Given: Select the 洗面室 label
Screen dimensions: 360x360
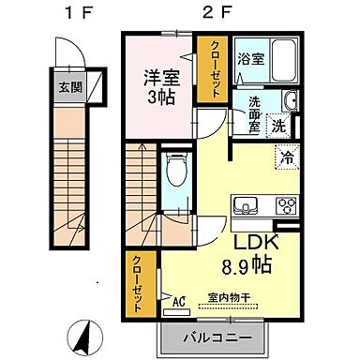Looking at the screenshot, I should click(x=253, y=113).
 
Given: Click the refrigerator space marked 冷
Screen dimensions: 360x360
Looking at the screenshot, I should click(x=285, y=157).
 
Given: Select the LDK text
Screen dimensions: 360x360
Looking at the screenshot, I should click(x=247, y=243).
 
